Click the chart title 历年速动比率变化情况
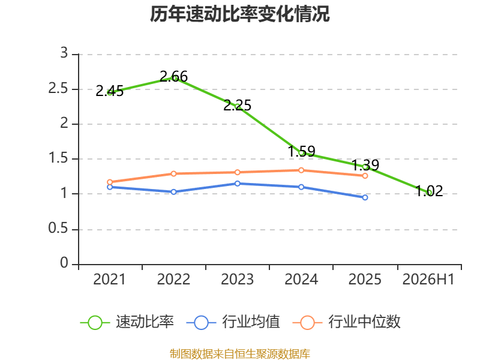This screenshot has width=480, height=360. click(x=239, y=14)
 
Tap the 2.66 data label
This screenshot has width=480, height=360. click(x=173, y=77)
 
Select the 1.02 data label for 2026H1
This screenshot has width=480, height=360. click(x=429, y=191)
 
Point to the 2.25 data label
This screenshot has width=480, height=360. click(x=237, y=106)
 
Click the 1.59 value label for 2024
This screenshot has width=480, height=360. click(x=302, y=151)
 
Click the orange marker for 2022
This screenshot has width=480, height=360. click(x=173, y=173)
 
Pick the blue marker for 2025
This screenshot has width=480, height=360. click(x=365, y=198)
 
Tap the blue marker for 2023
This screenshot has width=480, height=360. click(x=237, y=184)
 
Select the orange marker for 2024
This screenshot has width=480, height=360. click(x=301, y=170)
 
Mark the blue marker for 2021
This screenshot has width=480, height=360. click(x=110, y=187)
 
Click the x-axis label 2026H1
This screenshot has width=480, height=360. click(x=428, y=280)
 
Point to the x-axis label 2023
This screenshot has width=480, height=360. click(x=237, y=280)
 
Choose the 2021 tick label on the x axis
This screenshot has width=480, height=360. click(x=110, y=280)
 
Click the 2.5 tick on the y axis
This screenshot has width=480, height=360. click(x=58, y=89)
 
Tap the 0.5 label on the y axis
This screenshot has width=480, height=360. click(x=58, y=229)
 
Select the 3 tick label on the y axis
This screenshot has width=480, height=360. click(x=64, y=53)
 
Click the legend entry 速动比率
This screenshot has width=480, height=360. click(x=127, y=322)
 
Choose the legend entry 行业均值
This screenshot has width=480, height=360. click(x=233, y=322)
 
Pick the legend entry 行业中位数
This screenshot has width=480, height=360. click(x=347, y=322)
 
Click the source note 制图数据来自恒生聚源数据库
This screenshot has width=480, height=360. click(x=240, y=354)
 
